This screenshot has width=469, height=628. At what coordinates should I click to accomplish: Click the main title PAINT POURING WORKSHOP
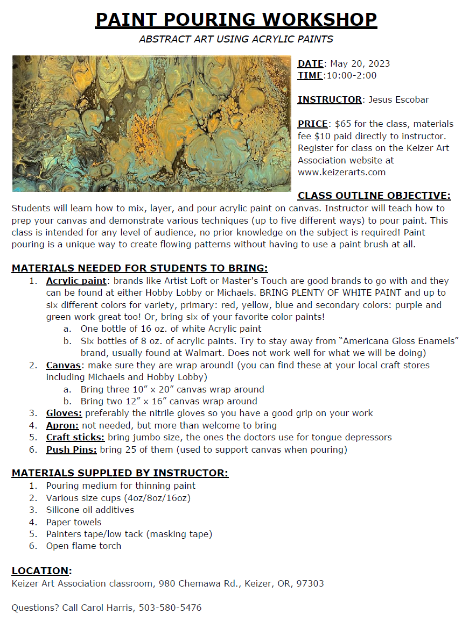(236, 19)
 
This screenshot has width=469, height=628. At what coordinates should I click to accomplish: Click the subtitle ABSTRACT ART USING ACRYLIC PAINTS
(236, 39)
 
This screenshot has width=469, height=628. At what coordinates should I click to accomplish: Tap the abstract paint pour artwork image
(151, 124)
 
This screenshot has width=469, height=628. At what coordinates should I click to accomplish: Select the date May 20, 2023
(360, 63)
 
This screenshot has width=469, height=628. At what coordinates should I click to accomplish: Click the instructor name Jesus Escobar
(398, 99)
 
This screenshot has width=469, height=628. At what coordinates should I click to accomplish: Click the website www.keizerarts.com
(341, 173)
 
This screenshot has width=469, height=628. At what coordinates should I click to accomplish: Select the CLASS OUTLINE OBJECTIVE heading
(374, 196)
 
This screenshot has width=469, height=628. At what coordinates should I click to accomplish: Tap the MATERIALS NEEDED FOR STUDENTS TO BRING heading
(139, 268)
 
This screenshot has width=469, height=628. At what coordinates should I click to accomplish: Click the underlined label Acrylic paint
(76, 281)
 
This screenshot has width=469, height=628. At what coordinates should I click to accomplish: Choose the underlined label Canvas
(63, 365)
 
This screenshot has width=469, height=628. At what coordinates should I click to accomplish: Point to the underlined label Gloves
(64, 413)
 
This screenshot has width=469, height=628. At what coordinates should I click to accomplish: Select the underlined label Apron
(63, 425)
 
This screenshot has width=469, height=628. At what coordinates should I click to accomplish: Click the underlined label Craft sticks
(75, 438)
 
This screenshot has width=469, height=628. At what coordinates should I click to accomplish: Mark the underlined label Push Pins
(72, 449)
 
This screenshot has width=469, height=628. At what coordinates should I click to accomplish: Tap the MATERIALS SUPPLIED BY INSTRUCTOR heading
(120, 473)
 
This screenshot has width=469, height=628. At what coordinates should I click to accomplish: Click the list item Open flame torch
(83, 546)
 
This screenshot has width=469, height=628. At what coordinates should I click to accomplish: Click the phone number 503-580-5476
(170, 608)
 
